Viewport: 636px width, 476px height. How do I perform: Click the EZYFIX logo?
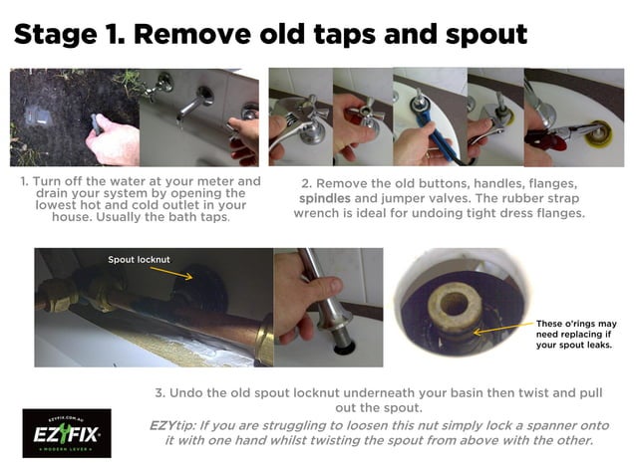(x=67, y=432)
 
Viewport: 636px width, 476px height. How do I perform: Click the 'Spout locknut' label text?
(x=139, y=259)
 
